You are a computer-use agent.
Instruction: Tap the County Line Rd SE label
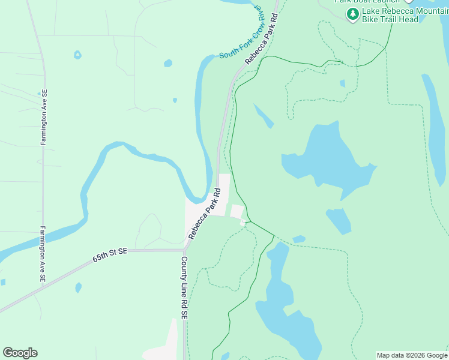pos(185,288)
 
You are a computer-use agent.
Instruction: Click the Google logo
pos(20,353)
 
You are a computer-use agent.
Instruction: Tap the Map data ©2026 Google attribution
pos(412,355)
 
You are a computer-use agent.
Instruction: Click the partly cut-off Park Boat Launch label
pos(367,2)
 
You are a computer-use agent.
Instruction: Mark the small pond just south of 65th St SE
pos(79,287)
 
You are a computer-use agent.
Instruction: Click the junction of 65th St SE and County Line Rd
pos(184,250)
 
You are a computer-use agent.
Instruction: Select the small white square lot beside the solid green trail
pos(237,212)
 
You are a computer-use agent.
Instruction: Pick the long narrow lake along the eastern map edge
pos(435,120)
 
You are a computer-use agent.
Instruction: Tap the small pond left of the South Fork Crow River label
pos(168,63)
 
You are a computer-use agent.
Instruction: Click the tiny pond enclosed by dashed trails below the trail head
pos(342,83)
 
